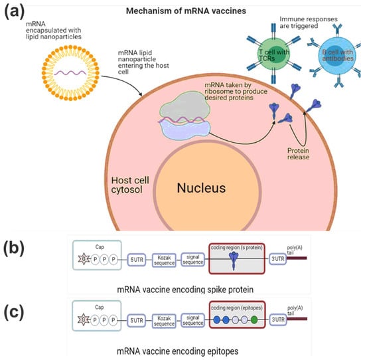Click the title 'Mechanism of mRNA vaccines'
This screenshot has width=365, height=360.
183,11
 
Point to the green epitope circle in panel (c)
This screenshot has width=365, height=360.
254,321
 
